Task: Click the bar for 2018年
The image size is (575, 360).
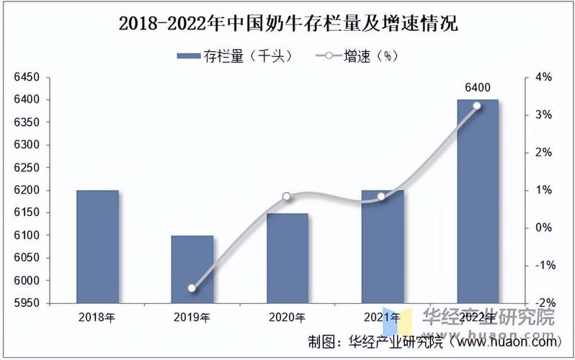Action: coord(97,246)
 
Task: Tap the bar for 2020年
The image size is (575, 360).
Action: coord(287,258)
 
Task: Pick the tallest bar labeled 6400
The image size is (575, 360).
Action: coord(477,202)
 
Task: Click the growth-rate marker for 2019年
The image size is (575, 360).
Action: coord(192,288)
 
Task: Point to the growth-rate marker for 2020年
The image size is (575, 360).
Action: coord(287,197)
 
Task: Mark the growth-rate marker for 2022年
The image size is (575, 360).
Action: coord(476,106)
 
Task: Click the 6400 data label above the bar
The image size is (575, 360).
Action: coord(477,88)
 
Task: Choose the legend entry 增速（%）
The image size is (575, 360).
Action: coord(357,55)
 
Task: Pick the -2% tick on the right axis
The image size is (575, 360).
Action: coord(542,303)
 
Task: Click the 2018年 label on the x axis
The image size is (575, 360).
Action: coord(97,317)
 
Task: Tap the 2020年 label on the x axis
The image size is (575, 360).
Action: coord(287,317)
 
